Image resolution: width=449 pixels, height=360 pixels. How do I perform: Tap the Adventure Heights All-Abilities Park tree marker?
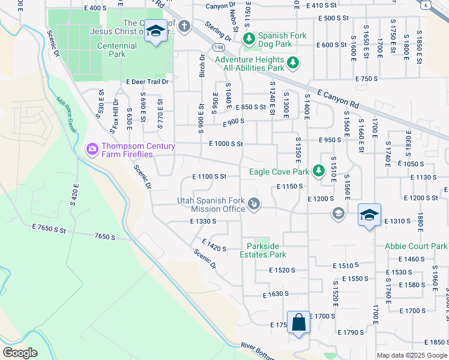(x=293, y=62)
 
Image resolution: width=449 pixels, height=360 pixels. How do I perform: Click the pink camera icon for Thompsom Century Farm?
(x=92, y=148)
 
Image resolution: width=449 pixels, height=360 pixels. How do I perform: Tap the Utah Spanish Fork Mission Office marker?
(x=255, y=205)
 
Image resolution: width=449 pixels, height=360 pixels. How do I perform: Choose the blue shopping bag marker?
(x=298, y=323)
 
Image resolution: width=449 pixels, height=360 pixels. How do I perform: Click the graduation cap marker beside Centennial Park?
(x=155, y=31)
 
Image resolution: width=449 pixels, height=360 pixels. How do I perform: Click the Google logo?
(x=20, y=352)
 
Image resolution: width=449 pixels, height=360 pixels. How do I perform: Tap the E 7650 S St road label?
(x=52, y=229)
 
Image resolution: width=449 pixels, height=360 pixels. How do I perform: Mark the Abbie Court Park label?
(x=416, y=246)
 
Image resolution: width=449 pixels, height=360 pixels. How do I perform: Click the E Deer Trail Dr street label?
(x=147, y=82)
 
